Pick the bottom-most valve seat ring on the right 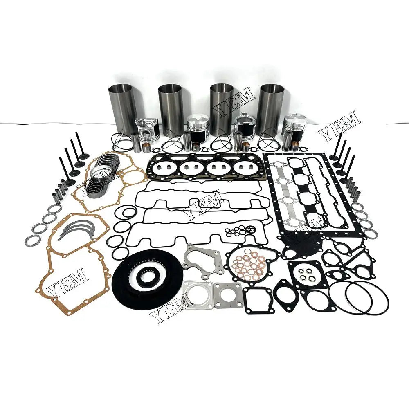(371, 234)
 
